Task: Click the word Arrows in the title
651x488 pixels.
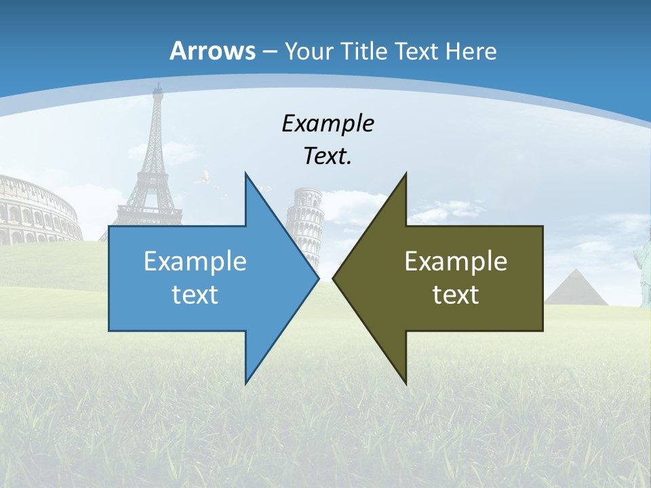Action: pyautogui.click(x=213, y=51)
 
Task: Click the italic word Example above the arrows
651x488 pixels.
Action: pyautogui.click(x=328, y=123)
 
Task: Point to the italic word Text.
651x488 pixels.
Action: pyautogui.click(x=328, y=157)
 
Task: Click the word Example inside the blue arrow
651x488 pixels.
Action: pyautogui.click(x=195, y=261)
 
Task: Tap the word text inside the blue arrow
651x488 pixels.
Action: pyautogui.click(x=195, y=294)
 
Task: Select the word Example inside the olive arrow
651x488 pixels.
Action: pyautogui.click(x=456, y=261)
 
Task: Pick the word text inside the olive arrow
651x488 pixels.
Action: pyautogui.click(x=456, y=294)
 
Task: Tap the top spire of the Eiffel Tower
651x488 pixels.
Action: pyautogui.click(x=159, y=86)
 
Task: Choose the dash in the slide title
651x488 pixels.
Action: pyautogui.click(x=269, y=52)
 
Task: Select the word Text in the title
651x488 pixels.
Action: pyautogui.click(x=418, y=51)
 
